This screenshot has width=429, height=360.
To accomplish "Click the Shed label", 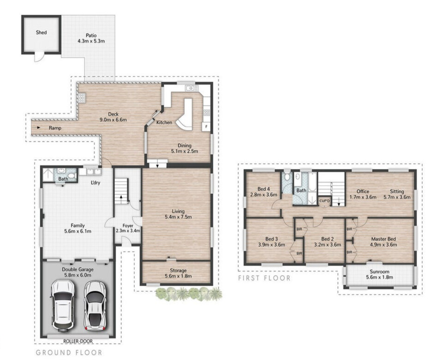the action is pos(42,33).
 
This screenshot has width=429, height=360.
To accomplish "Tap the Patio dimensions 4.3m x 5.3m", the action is pos(91,41).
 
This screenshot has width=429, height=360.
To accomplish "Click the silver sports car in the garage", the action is pos(95,305).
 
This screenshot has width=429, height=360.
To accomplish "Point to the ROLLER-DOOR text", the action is pos(78,341).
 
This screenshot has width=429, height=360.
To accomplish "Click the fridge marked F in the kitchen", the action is pos(206,127).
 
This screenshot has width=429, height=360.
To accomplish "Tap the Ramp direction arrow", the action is pos(39,128).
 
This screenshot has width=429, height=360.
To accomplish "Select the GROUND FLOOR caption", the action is pos(69,353).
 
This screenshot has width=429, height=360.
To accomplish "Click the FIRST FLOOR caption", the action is pos(264,278).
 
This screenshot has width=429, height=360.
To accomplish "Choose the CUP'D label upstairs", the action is pos(325,201).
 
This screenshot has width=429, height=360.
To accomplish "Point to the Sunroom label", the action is pos(380,271).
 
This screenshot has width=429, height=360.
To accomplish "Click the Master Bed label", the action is pos(384,239).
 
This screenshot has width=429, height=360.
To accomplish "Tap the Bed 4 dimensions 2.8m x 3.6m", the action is pos(264,195).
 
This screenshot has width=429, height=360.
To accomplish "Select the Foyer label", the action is pos(128,226).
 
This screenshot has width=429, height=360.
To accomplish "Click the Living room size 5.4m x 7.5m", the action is pos(178,217).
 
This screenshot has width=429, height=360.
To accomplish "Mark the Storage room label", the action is pos(178,270).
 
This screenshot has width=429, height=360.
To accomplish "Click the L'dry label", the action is pos(95,183).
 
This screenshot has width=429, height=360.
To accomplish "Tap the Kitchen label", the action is pos(164,123).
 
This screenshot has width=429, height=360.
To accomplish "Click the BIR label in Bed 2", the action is pos(299,229).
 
